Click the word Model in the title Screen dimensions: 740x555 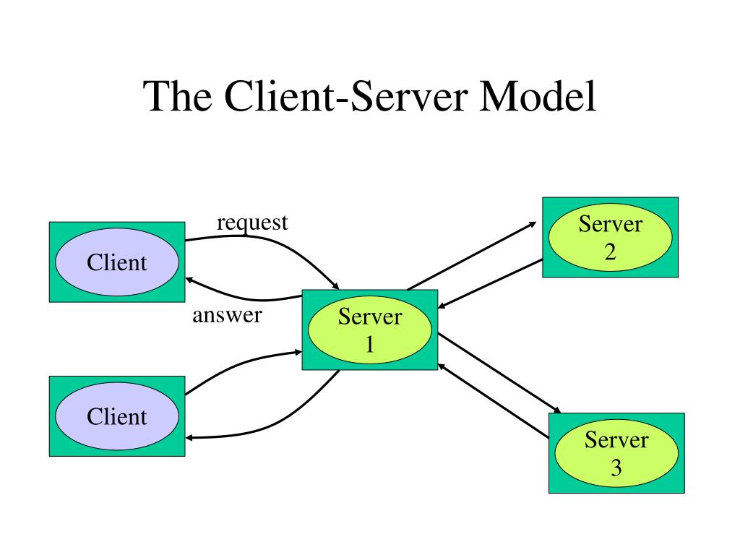point(538,96)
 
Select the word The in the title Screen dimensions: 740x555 point(178,96)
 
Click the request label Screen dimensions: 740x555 point(252,223)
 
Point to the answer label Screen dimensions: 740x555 point(227,315)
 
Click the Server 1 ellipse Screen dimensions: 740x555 point(370,330)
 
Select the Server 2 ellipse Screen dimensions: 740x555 point(610,237)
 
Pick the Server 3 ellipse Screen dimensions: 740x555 point(616,453)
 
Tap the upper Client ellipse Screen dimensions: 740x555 point(117,262)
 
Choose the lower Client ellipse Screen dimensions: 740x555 point(117,416)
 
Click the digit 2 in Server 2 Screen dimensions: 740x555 point(610,252)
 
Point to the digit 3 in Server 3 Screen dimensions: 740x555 point(616,468)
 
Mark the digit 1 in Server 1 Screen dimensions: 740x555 point(370,345)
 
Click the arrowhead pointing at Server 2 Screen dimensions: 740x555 point(533,224)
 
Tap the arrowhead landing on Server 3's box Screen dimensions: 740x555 point(557,410)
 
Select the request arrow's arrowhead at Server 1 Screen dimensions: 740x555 point(335,286)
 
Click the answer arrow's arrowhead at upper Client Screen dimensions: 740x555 point(189,280)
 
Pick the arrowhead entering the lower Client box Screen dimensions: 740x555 point(189,438)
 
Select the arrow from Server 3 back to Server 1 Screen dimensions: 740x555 point(494,401)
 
